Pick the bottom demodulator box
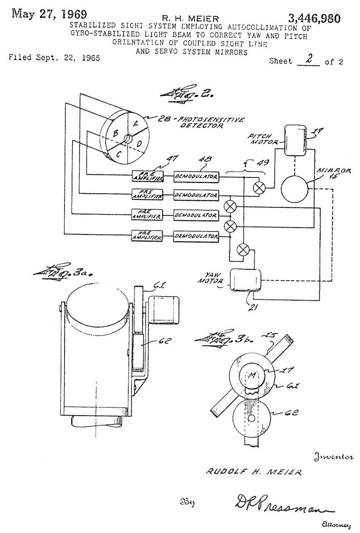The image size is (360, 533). (196, 237)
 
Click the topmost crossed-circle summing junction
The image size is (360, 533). (260, 188)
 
